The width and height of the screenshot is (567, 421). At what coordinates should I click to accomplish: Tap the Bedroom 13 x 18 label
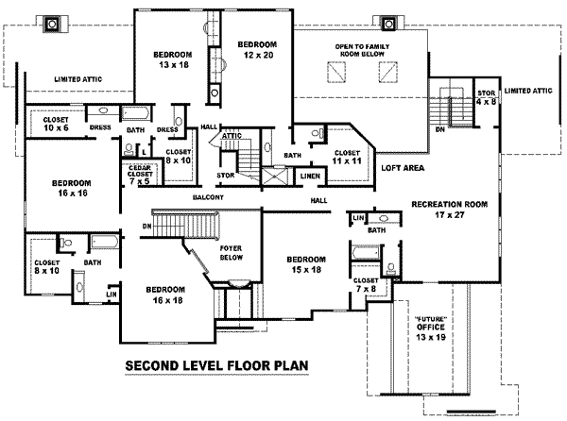pos(173,60)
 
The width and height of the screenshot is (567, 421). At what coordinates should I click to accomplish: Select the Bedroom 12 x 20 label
pos(256,51)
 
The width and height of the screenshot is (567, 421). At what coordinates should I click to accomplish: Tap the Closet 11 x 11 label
pos(347,158)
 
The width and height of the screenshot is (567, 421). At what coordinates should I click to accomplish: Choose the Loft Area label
pos(402,167)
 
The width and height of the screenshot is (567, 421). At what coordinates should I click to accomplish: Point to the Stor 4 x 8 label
pos(486,96)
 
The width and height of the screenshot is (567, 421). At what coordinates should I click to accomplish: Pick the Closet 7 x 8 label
pos(366,285)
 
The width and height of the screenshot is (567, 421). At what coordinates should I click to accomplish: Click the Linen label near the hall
pos(308,176)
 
